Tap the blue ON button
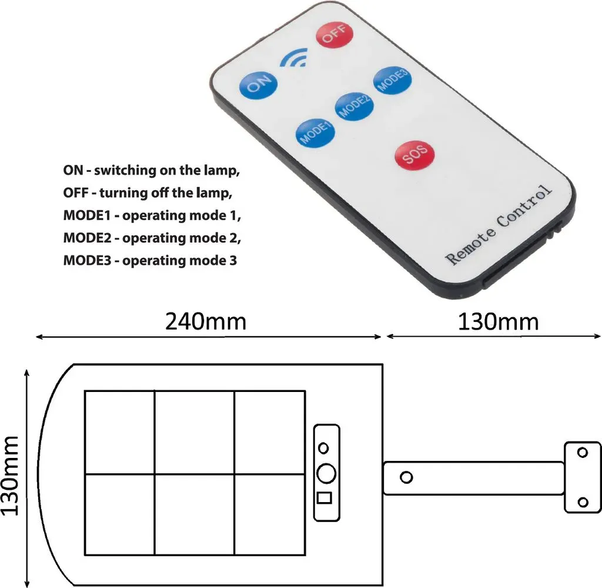pos(258,85)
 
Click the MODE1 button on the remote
pos(315,132)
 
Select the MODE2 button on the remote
pos(354,107)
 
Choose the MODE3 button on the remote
pos(392,81)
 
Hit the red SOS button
pos(414,154)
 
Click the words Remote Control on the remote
pos(499,224)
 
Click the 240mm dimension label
pos(206,322)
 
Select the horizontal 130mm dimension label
pos(499,322)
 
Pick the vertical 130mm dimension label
pos(10,476)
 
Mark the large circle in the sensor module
pos(326,473)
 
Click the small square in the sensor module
pos(325,498)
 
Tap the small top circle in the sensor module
pos(324,448)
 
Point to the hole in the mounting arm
pos(406,477)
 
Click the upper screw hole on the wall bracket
pos(583,453)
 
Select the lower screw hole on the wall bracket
pos(583,502)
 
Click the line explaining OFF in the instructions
pos(148,192)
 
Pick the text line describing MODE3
pos(150,261)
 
